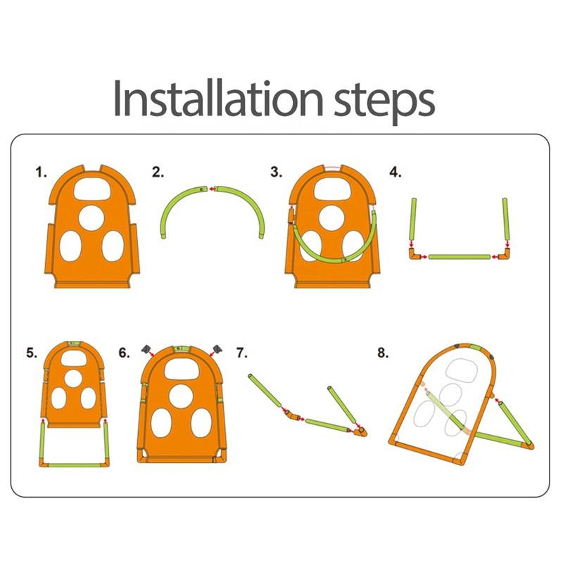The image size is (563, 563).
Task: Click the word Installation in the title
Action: click(218, 98)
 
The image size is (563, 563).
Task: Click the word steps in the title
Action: click(384, 102)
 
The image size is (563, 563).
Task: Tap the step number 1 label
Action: click(42, 172)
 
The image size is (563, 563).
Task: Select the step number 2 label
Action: click(158, 172)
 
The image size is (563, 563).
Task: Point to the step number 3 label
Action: click(276, 172)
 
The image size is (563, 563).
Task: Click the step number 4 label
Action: click(396, 172)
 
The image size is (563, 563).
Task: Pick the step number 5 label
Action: click(32, 353)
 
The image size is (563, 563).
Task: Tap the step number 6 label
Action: click(124, 353)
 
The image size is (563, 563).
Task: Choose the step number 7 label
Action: click(241, 353)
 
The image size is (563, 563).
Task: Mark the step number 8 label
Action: click(383, 353)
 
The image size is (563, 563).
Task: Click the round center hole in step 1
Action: click(91, 219)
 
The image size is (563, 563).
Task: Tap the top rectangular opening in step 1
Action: click(92, 189)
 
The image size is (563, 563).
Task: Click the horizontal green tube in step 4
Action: click(460, 257)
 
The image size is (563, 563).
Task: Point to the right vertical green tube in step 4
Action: click(505, 219)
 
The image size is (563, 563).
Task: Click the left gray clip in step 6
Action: click(146, 349)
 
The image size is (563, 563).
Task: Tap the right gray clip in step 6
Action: click(217, 348)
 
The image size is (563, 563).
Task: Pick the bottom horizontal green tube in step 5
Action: click(74, 465)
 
